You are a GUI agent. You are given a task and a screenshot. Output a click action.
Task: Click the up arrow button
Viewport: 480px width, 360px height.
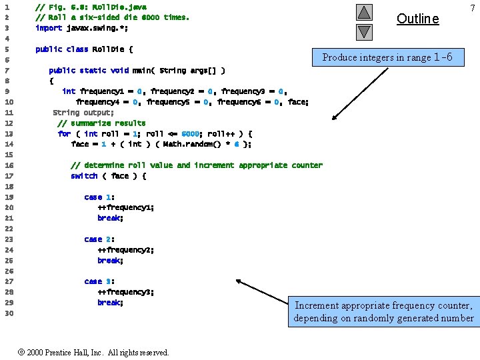(x=363, y=12)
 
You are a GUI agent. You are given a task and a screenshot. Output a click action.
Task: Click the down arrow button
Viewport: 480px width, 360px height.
(x=363, y=31)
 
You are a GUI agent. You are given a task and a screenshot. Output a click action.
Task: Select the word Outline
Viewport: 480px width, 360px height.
(x=417, y=19)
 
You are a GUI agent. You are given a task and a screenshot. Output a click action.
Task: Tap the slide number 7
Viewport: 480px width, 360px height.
(x=471, y=7)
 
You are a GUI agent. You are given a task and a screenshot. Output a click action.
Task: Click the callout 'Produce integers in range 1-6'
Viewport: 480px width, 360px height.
(x=387, y=57)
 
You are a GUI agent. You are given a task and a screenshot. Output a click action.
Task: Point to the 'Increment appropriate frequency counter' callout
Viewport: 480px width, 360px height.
(x=384, y=311)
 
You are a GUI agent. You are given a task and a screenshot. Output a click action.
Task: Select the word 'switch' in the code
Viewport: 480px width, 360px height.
(x=84, y=176)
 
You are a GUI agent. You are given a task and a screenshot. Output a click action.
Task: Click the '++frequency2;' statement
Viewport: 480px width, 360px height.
(x=125, y=250)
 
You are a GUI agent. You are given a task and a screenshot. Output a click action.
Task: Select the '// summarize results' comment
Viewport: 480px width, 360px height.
(x=101, y=123)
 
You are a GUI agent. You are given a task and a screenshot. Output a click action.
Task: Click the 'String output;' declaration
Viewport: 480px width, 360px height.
(x=83, y=113)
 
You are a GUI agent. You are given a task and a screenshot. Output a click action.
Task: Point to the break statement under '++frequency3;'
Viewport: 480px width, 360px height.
(x=110, y=303)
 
